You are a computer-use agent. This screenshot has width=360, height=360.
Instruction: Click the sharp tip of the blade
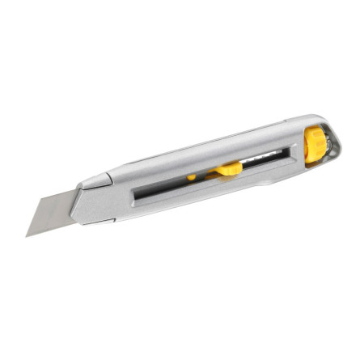click(28, 235)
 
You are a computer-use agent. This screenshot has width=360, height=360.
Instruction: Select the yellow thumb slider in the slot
click(227, 169)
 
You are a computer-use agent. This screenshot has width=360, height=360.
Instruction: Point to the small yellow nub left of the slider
click(192, 176)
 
